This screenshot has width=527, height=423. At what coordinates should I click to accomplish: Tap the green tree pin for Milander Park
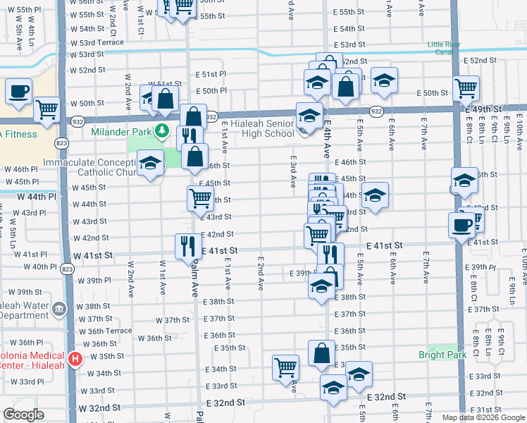coord(163,130)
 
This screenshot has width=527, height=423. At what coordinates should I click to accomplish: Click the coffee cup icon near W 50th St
coord(19,91)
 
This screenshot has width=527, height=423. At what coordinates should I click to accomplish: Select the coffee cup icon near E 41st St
coord(461,225)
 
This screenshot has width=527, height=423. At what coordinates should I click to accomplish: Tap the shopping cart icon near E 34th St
coord(286,367)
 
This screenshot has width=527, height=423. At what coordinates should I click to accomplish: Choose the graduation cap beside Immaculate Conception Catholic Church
coord(149,164)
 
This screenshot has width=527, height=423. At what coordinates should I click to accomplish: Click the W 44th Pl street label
coord(37,196)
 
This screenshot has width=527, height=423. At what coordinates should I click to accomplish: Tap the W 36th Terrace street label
coord(104,331)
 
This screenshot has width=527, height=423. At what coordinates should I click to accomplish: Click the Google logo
coord(24,415)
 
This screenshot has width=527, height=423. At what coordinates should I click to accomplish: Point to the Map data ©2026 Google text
coord(483,417)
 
